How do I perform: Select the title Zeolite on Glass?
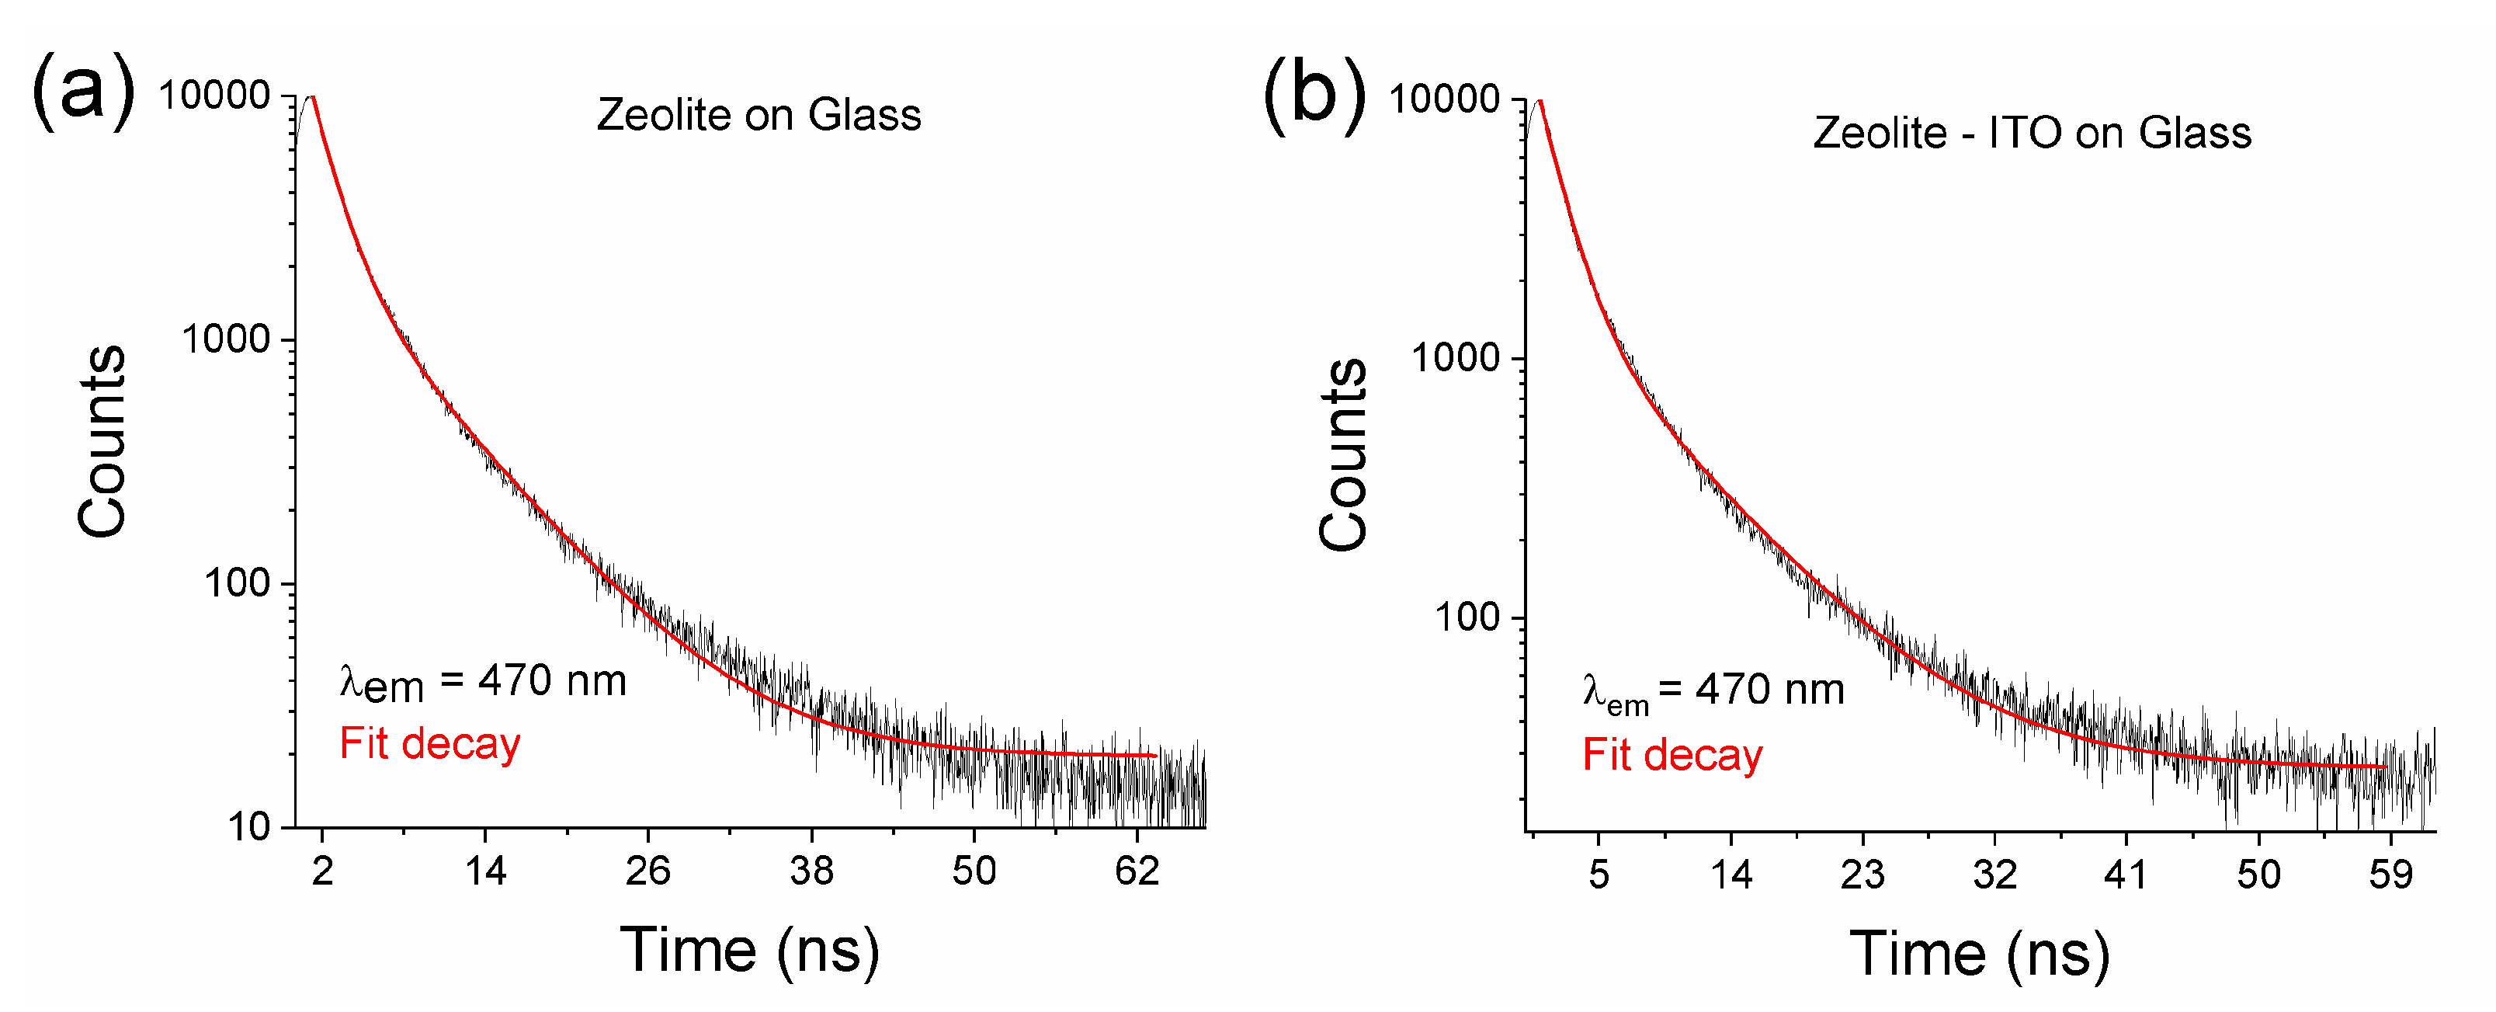[759, 116]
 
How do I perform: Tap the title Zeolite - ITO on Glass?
[2032, 133]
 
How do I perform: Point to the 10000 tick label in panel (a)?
[214, 96]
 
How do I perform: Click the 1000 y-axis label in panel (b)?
[1456, 359]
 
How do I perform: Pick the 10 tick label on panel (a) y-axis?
[248, 827]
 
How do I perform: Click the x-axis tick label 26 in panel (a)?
[647, 871]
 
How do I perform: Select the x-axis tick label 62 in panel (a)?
[1137, 871]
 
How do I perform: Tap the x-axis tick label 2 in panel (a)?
[323, 871]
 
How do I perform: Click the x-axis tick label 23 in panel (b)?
[1862, 875]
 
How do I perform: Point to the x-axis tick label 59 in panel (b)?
[2390, 875]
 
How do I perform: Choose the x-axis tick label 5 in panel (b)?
[1599, 875]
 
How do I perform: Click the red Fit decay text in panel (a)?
[430, 745]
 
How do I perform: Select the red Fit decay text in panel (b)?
[1672, 755]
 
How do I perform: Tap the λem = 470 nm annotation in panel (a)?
[483, 683]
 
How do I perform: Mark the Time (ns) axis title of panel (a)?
[749, 950]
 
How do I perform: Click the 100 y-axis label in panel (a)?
[237, 583]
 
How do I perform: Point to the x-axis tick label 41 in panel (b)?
[2126, 875]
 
